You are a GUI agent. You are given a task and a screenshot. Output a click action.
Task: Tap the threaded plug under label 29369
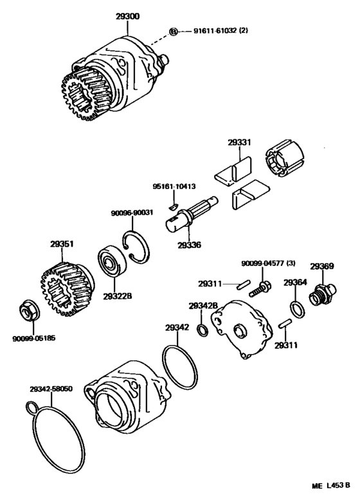[x=319, y=296]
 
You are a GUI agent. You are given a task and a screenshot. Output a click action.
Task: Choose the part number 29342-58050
[x=50, y=389]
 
